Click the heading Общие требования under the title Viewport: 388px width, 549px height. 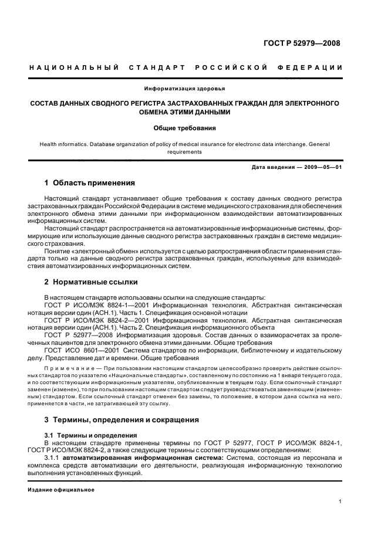pyautogui.click(x=184, y=127)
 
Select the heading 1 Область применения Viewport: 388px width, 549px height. pyautogui.click(x=90, y=183)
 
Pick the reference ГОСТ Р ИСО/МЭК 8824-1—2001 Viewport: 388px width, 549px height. pyautogui.click(x=96, y=305)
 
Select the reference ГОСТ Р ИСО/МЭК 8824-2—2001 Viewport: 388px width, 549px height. pyautogui.click(x=96, y=321)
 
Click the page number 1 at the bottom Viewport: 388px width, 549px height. pyautogui.click(x=340, y=501)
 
